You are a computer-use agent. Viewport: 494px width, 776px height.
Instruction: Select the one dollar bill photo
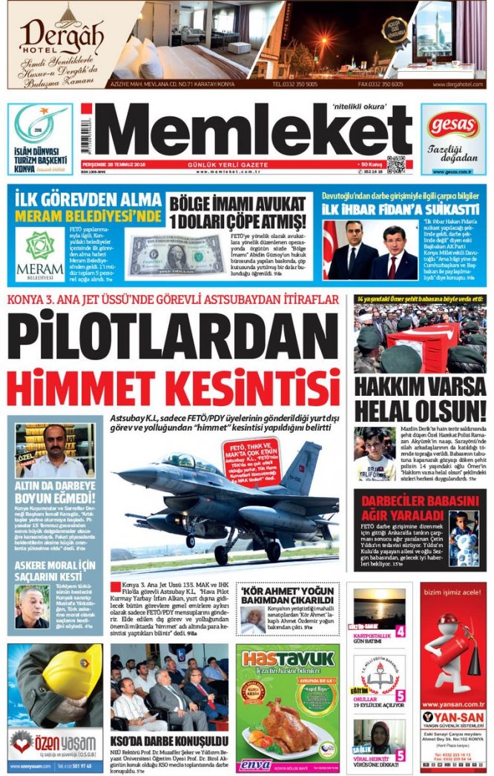(x=176, y=256)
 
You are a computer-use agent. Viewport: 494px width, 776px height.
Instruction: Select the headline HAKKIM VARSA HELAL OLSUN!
(x=419, y=398)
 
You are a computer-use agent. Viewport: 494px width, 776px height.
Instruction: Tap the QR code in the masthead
(x=396, y=165)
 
